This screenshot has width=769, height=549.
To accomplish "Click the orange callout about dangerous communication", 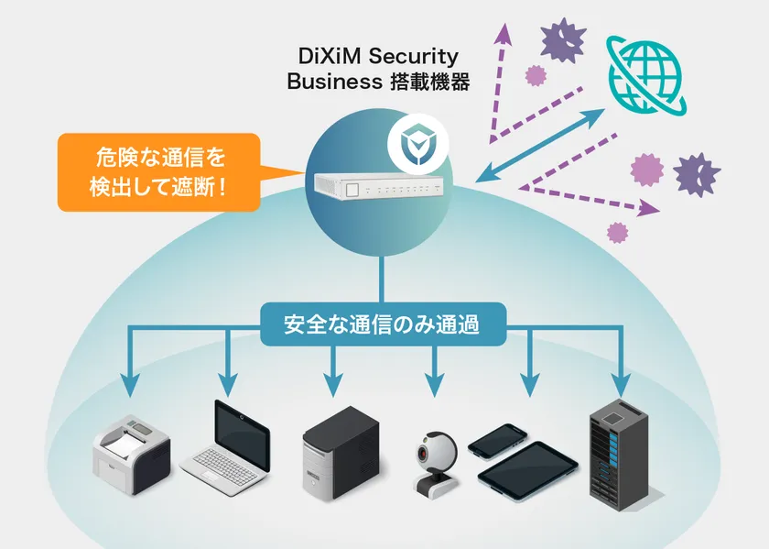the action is click(x=159, y=172).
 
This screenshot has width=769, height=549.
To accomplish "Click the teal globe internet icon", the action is click(x=646, y=75).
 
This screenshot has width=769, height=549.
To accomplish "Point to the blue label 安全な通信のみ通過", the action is click(x=383, y=324).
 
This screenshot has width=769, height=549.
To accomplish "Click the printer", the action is click(x=132, y=454).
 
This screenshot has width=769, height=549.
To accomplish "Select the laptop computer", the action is click(x=225, y=448).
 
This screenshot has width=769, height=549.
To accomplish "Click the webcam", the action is click(x=436, y=462).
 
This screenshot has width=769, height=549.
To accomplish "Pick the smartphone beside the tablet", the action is click(x=497, y=441).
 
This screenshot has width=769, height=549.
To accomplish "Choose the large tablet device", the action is click(x=527, y=471).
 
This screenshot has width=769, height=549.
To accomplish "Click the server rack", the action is click(x=620, y=456).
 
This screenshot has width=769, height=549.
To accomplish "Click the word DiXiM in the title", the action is click(x=329, y=56).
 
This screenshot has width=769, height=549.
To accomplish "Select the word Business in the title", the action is click(x=334, y=82).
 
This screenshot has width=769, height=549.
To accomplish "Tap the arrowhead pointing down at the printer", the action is click(x=129, y=386).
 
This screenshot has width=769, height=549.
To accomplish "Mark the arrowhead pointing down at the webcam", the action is click(x=434, y=386).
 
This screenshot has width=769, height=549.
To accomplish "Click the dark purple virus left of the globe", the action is click(x=563, y=39).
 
